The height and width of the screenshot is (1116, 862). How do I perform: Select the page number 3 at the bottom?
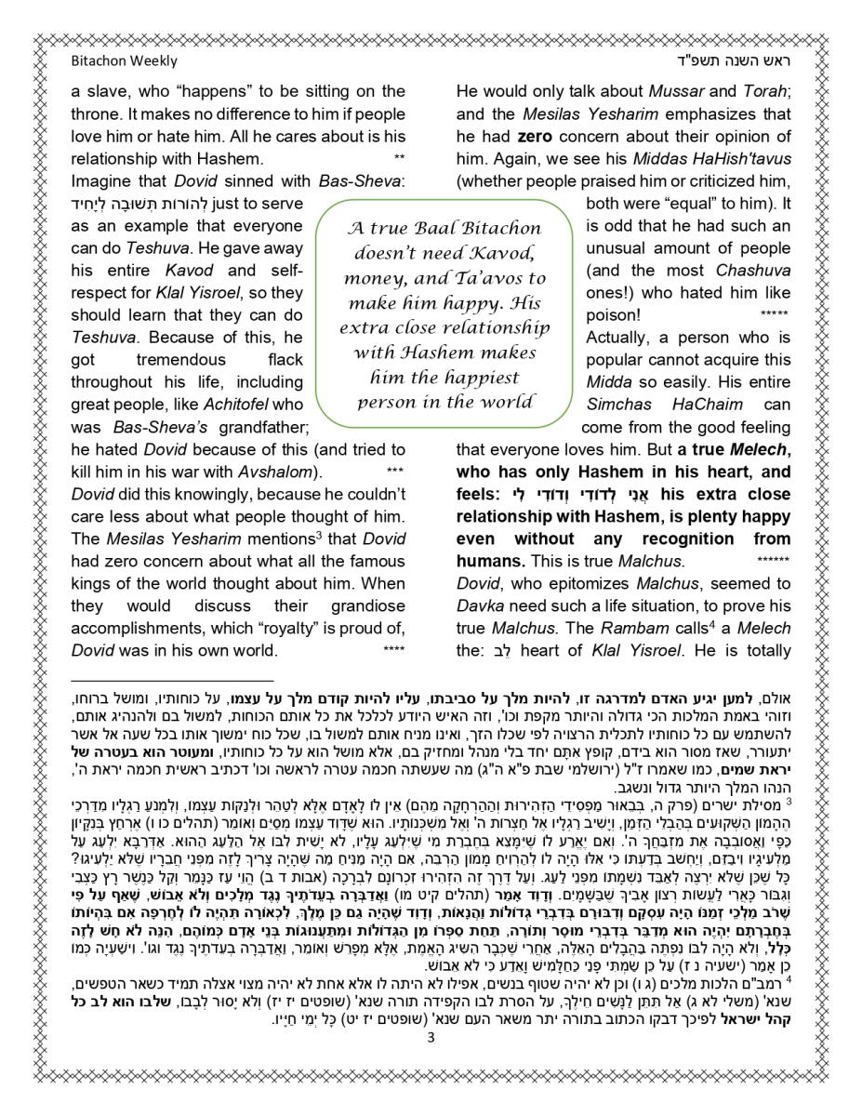pos(431,1039)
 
